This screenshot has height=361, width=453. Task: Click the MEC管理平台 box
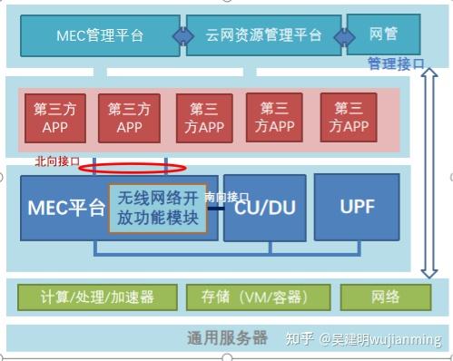coord(100,35)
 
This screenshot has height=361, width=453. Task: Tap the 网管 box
coord(383,34)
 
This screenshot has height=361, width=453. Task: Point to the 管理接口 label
coord(396,63)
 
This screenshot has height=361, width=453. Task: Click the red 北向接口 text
coord(57,161)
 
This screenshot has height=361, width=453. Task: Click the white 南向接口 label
coord(227,196)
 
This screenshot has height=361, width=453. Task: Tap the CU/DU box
coord(263,208)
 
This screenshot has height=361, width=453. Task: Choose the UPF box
coord(357,207)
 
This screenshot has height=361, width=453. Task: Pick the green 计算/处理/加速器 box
coord(97,297)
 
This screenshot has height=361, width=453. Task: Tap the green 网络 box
coord(385,297)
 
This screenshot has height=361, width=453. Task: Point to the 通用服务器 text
coord(227,337)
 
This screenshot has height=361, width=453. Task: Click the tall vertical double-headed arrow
coord(432,172)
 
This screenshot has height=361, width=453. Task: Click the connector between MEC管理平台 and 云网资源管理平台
coord(184,35)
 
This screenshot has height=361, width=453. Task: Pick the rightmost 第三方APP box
coord(349,118)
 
